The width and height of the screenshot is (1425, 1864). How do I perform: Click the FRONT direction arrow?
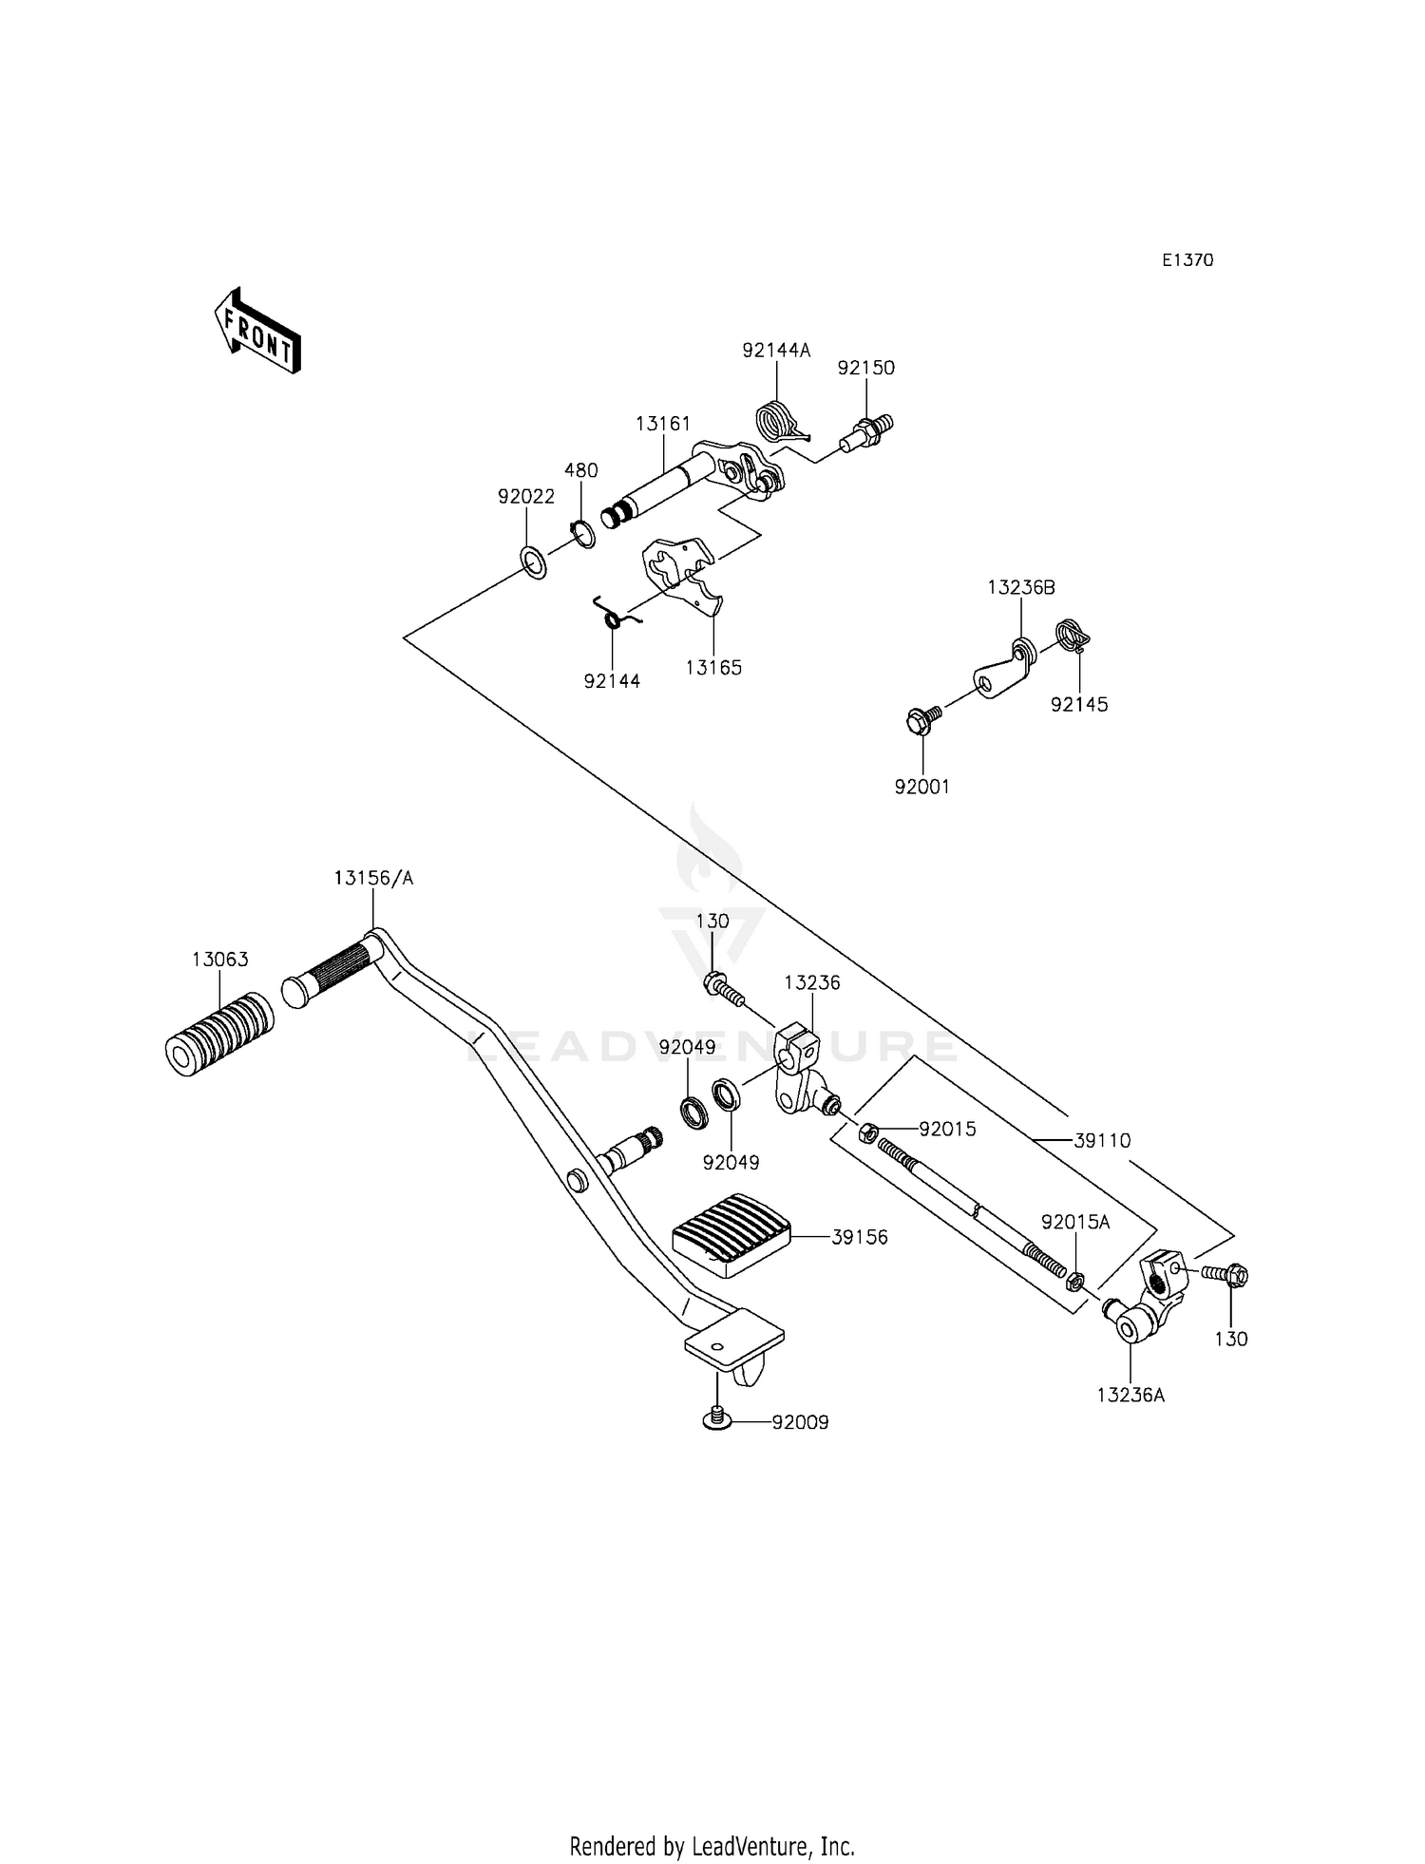tap(257, 330)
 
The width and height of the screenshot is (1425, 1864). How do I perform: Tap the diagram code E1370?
tap(1187, 260)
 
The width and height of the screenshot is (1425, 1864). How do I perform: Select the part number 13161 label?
tap(663, 424)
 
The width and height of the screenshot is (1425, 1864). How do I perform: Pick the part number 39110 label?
tap(1102, 1140)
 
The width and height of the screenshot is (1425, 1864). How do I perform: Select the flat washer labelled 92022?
tap(535, 561)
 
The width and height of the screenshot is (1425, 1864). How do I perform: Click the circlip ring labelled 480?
tap(582, 535)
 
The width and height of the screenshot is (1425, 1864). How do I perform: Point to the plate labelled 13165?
tap(683, 578)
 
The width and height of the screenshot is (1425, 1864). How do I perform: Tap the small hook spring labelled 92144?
tap(614, 613)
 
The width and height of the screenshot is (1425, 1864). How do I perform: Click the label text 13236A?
tap(1130, 1395)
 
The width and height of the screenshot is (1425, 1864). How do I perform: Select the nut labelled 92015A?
tap(1075, 1282)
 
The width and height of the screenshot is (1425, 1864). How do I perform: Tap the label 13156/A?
tap(373, 878)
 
